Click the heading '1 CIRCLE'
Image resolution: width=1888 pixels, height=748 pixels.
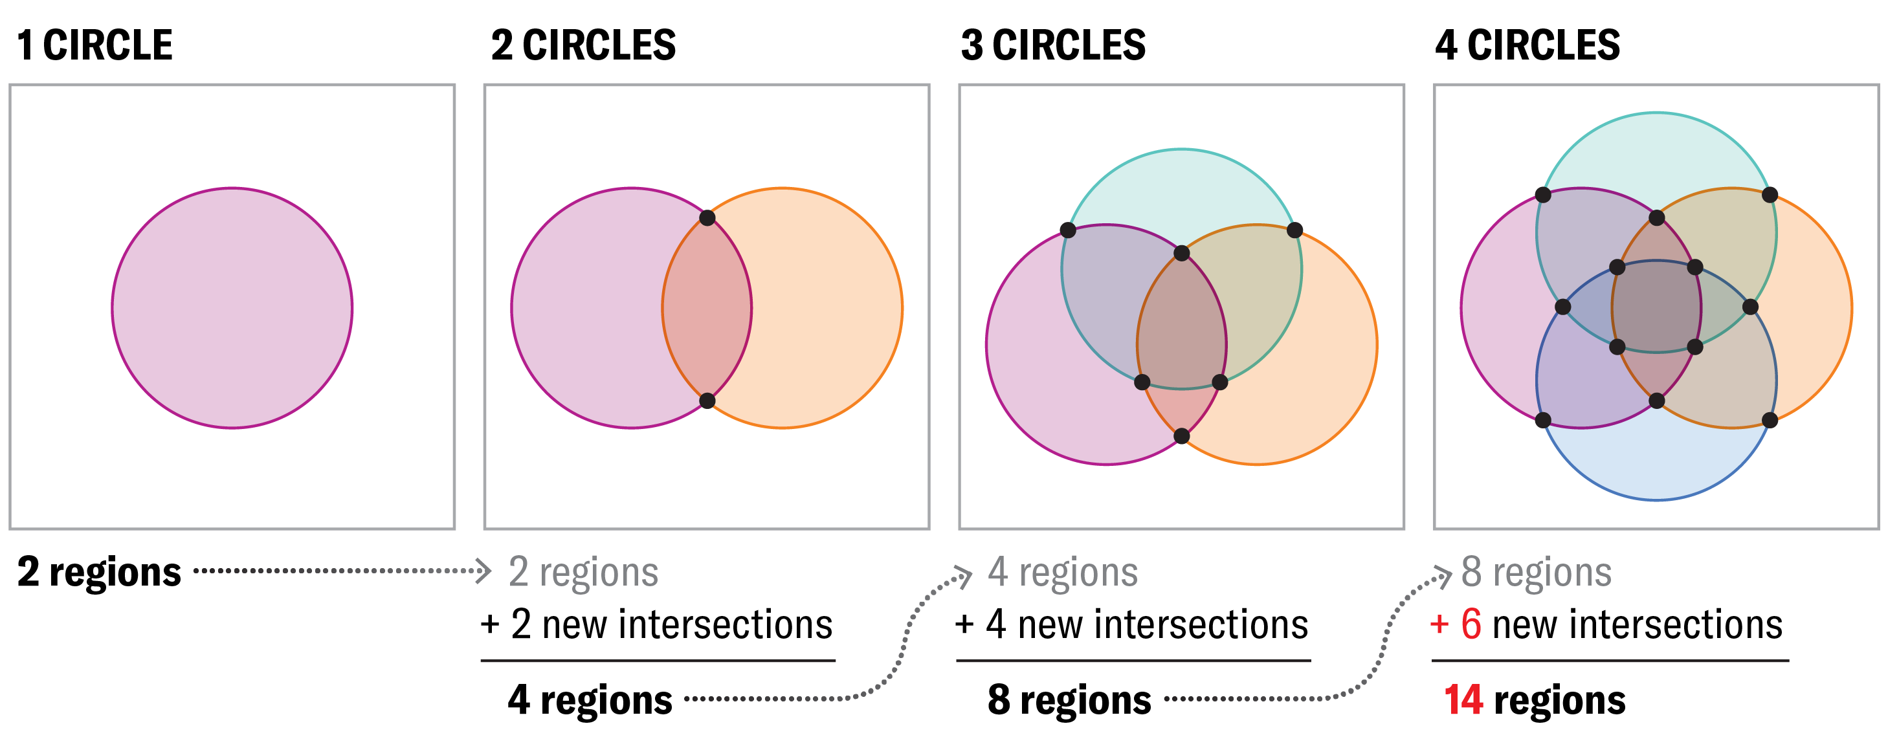(x=94, y=45)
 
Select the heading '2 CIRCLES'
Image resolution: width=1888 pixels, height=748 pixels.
(x=583, y=45)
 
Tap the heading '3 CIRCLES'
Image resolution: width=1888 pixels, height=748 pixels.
(x=1053, y=45)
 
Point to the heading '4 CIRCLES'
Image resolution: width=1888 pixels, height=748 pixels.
(x=1527, y=45)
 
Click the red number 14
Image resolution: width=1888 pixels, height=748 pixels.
(x=1463, y=699)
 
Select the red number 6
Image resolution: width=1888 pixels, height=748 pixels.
(x=1471, y=624)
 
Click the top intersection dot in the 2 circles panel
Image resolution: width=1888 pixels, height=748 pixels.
(x=707, y=217)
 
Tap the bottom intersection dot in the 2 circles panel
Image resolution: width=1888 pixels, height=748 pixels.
(x=707, y=401)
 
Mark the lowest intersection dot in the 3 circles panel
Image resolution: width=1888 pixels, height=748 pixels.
(x=1181, y=437)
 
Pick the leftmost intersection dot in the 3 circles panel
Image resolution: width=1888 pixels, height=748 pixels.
(x=1068, y=231)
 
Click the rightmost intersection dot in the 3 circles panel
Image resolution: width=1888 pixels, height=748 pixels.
(x=1295, y=231)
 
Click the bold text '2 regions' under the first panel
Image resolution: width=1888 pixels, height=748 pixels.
(x=99, y=571)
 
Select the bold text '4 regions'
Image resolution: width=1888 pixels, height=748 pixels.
(x=590, y=699)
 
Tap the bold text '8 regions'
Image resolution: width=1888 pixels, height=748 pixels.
(x=1069, y=699)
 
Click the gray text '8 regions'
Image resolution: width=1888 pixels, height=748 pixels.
(x=1536, y=571)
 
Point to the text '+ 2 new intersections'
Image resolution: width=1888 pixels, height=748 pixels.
(x=657, y=624)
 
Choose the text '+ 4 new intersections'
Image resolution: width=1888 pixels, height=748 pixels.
(x=1131, y=624)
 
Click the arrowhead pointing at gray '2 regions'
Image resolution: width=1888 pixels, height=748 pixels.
(x=483, y=571)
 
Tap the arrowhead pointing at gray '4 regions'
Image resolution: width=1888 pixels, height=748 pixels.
(x=965, y=576)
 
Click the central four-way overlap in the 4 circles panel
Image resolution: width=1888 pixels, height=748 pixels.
(x=1656, y=307)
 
